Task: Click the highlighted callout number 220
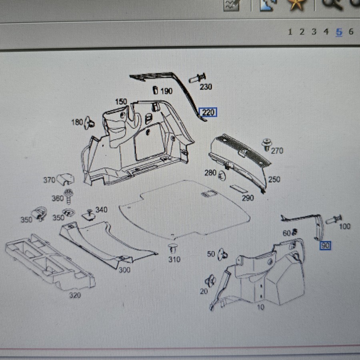pyautogui.click(x=208, y=112)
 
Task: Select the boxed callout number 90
pyautogui.click(x=326, y=246)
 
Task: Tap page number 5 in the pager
pyautogui.click(x=339, y=32)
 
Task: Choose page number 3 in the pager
pyautogui.click(x=314, y=32)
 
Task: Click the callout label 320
pyautogui.click(x=75, y=295)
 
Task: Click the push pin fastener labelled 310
pyautogui.click(x=173, y=248)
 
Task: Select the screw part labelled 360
pyautogui.click(x=68, y=196)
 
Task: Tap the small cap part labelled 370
pyautogui.click(x=65, y=179)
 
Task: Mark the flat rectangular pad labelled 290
pyautogui.click(x=239, y=188)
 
